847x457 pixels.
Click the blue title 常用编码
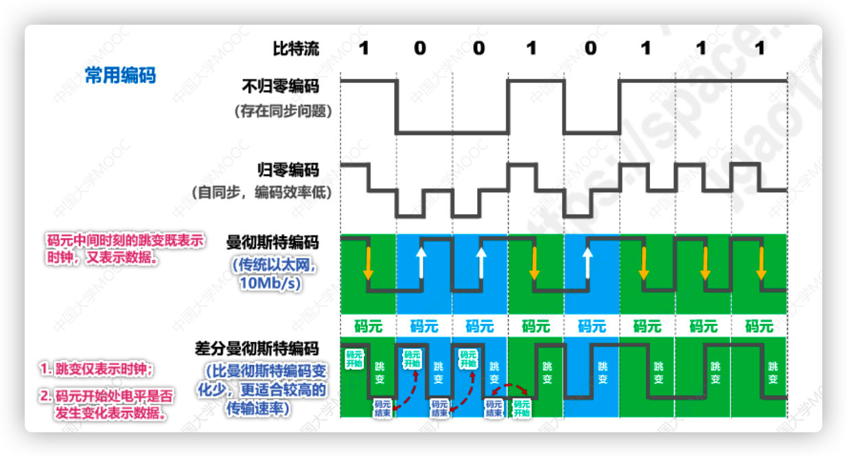[x=120, y=75]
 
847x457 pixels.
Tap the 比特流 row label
[x=296, y=49]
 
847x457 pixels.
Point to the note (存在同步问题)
[x=283, y=110]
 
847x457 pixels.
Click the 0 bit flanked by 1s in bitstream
[x=590, y=49]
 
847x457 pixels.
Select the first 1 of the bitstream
[x=364, y=49]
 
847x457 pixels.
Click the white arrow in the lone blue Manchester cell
[x=588, y=263]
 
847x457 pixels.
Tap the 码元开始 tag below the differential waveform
[x=522, y=409]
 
